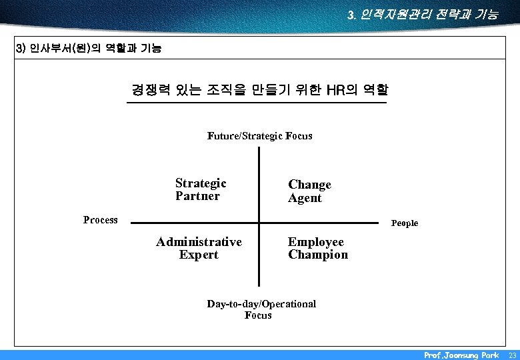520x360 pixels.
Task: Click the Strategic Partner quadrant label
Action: tap(201, 189)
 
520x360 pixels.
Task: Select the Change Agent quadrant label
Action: tap(309, 191)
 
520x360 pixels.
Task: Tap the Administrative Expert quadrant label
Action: tap(199, 248)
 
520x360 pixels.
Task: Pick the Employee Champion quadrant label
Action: tap(317, 248)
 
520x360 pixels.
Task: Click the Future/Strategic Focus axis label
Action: tap(259, 136)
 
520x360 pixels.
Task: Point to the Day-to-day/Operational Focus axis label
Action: tap(261, 309)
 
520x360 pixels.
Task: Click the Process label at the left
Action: tap(101, 220)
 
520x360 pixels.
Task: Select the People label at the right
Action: tap(405, 223)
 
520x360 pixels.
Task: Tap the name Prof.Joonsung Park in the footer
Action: tap(461, 355)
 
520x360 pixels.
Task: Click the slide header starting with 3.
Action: tap(422, 14)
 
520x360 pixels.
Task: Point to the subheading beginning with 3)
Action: tap(88, 49)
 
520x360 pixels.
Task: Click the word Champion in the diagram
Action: tap(318, 255)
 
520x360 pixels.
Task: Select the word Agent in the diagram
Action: tap(305, 198)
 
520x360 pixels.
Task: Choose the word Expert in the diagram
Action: tap(199, 255)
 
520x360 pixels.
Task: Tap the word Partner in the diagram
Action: tap(197, 196)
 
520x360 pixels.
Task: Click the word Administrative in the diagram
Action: tap(199, 241)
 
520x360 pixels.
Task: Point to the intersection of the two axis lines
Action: tap(259, 222)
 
